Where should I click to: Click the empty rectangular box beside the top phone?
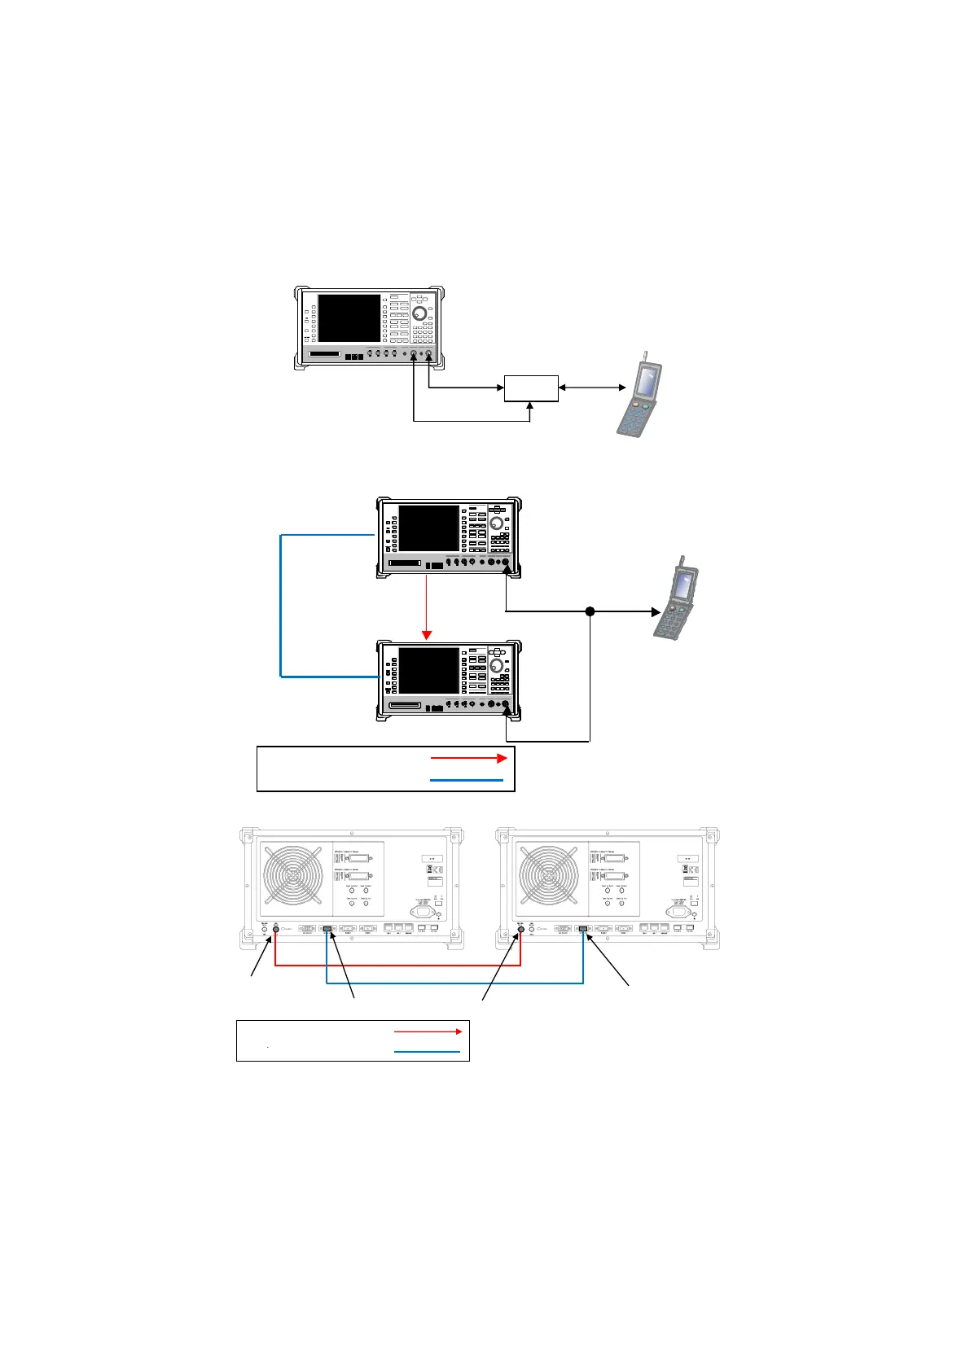[531, 388]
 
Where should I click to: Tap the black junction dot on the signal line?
[590, 611]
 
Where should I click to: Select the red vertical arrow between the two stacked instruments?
[425, 607]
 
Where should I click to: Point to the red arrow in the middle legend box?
[468, 758]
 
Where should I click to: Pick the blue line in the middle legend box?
[467, 781]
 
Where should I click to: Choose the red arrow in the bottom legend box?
[428, 1032]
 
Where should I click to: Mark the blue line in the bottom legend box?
[427, 1052]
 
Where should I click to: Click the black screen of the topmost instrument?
[349, 318]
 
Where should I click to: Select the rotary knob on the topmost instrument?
[419, 313]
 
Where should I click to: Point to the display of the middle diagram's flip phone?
[683, 584]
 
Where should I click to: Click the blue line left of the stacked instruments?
[281, 606]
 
